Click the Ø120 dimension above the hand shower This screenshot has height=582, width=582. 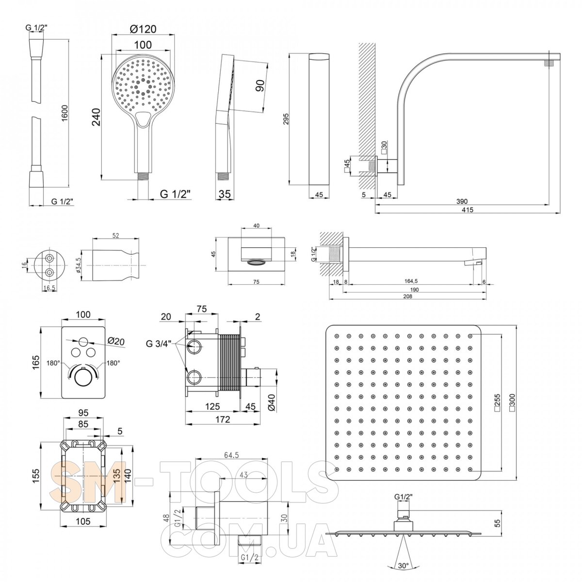[x=143, y=29]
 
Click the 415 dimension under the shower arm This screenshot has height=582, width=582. [x=468, y=210]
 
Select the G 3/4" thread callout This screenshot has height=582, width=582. [x=158, y=345]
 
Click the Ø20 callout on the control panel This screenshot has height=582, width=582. [x=116, y=340]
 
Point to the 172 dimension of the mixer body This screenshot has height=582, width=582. [x=223, y=419]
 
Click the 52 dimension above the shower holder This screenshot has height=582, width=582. [x=116, y=235]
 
